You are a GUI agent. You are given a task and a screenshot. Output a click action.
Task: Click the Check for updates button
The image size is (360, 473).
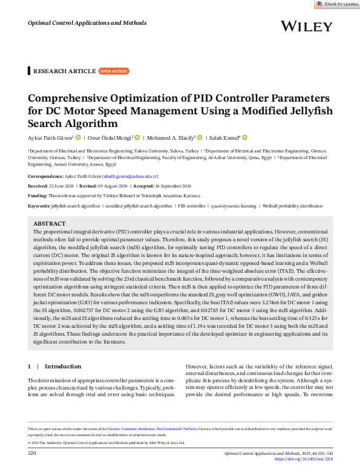pyautogui.click(x=337, y=4)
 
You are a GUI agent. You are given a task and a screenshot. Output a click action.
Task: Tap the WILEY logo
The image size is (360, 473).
pyautogui.click(x=307, y=27)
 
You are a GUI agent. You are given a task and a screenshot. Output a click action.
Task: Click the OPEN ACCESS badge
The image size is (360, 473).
pyautogui.click(x=114, y=71)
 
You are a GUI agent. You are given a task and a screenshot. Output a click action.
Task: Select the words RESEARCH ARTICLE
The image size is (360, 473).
pyautogui.click(x=64, y=71)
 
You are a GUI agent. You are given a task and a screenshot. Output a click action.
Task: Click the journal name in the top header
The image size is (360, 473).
pyautogui.click(x=87, y=23)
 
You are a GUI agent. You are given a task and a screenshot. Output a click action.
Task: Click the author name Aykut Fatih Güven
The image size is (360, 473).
pyautogui.click(x=51, y=137)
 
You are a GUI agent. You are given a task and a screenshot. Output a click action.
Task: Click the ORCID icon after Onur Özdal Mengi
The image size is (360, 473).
pyautogui.click(x=137, y=137)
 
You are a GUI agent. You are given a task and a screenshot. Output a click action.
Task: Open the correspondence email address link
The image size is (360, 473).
pyautogui.click(x=134, y=177)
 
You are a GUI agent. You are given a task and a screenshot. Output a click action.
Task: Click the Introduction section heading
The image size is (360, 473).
pyautogui.click(x=62, y=366)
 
